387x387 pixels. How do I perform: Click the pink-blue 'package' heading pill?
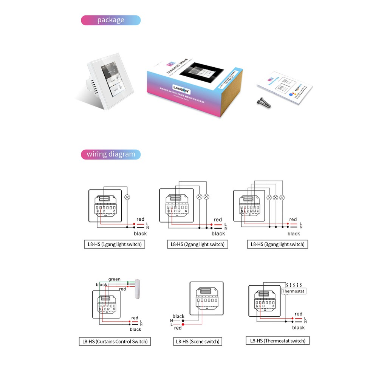coord(111,20)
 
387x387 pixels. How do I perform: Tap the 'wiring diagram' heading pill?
coord(111,154)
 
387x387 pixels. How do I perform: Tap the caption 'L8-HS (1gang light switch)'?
coord(115,244)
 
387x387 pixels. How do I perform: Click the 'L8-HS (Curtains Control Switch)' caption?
coord(115,342)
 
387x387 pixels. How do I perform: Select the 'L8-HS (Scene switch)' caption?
coord(197,342)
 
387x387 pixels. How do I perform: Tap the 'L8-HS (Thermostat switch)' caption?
coord(278,341)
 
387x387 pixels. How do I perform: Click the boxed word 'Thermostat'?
coord(294,291)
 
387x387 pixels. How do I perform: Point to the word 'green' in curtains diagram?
coord(115,279)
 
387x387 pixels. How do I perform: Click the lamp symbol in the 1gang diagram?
coord(128,197)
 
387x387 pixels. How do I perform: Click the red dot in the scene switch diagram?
coord(183,324)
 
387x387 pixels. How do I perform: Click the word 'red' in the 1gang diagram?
coord(141,219)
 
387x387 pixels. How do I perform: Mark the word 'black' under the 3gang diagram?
coord(294,234)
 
